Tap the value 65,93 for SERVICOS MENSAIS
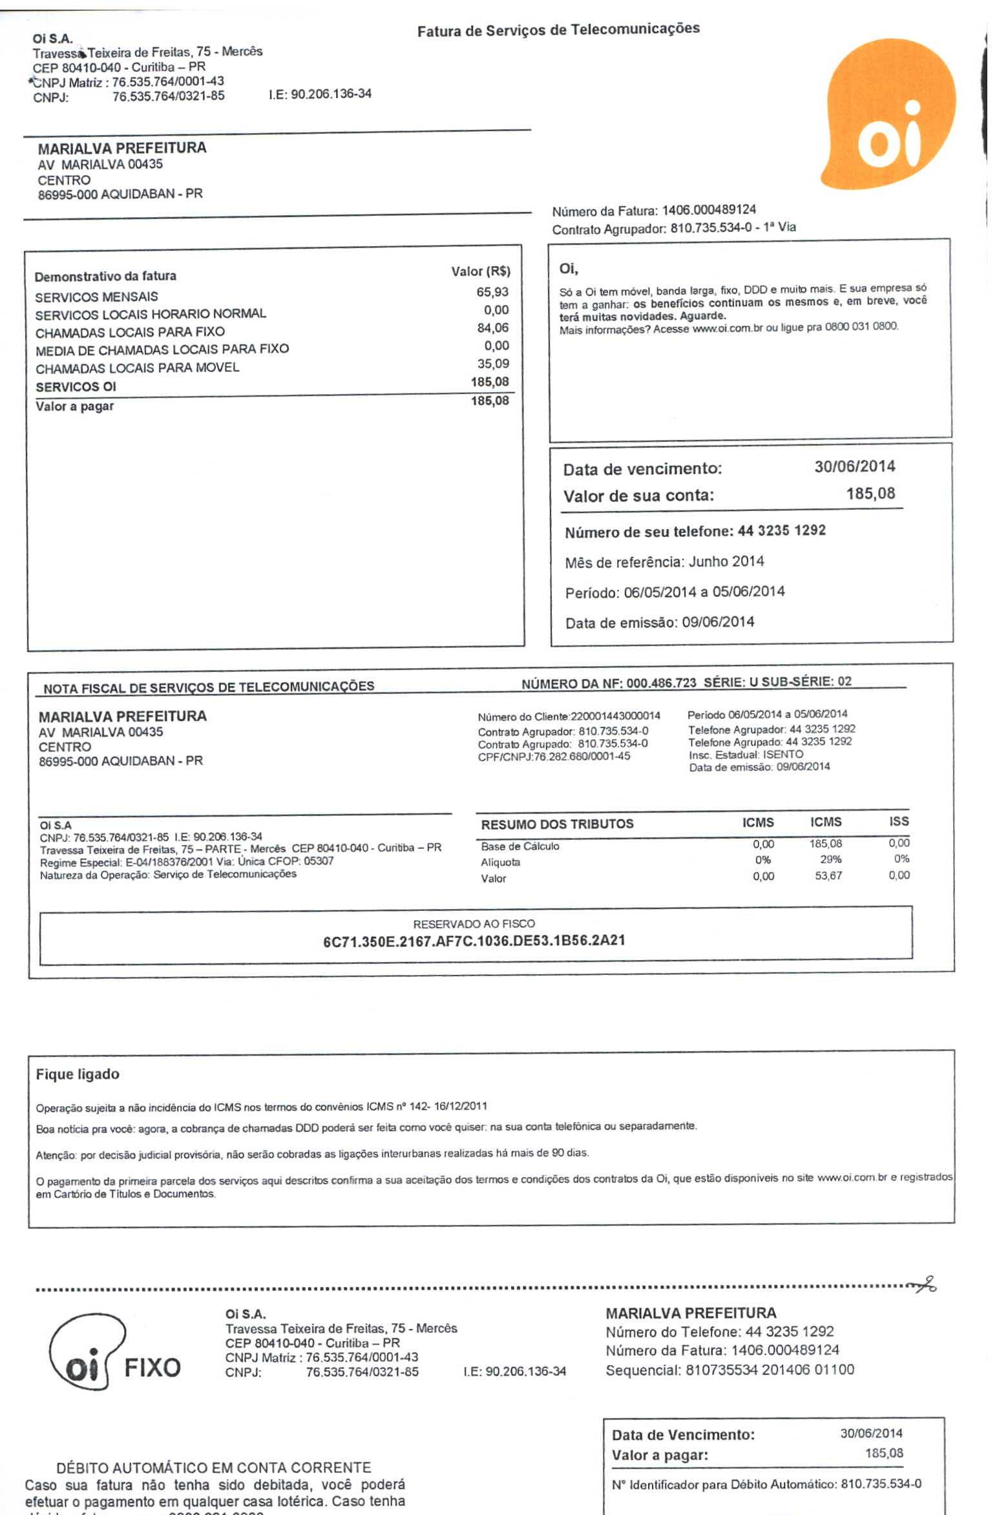click(492, 292)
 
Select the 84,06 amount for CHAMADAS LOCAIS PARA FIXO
click(492, 328)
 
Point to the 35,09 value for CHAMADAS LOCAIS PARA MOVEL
click(492, 364)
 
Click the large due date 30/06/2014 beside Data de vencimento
click(854, 466)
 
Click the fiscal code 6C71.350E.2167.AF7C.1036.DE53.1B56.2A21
click(474, 941)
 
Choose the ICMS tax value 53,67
click(828, 876)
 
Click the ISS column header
click(898, 821)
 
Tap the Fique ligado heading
click(78, 1074)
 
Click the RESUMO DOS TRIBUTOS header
click(557, 824)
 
